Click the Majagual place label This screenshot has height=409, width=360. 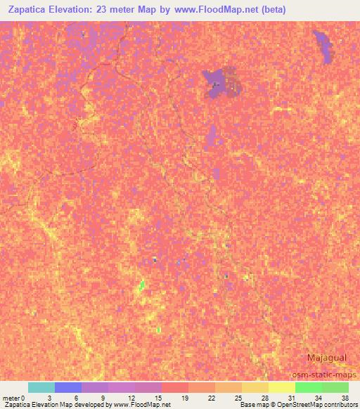tap(326, 358)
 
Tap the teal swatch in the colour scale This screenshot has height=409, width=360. tap(41, 387)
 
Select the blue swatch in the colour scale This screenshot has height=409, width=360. tap(67, 387)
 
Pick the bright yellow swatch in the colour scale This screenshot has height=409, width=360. tap(281, 387)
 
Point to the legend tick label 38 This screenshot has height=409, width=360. tap(345, 398)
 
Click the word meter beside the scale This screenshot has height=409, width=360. tap(11, 398)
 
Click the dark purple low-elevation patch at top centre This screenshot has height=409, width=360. tap(219, 84)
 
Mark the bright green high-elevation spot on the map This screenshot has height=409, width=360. tap(142, 285)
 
